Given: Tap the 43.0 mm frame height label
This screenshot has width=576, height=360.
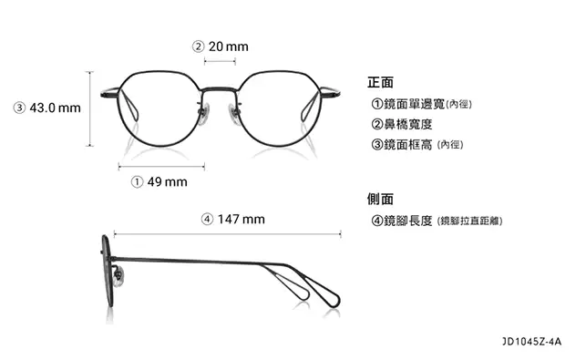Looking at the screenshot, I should click(x=47, y=108).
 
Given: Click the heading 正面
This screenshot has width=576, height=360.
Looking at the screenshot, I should click(x=380, y=81).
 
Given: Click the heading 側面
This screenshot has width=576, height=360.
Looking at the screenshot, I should click(x=380, y=199).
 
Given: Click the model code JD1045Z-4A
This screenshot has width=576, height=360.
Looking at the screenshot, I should click(x=531, y=343).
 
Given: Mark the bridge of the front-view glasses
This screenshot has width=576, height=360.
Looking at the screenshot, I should click(x=220, y=88).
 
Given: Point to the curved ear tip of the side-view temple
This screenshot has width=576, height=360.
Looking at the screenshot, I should click(x=328, y=296).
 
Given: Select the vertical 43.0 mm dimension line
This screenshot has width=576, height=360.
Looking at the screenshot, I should click(x=89, y=108).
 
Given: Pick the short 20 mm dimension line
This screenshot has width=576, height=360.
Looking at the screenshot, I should click(x=220, y=61).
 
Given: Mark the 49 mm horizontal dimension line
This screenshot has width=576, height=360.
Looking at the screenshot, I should click(x=161, y=166).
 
